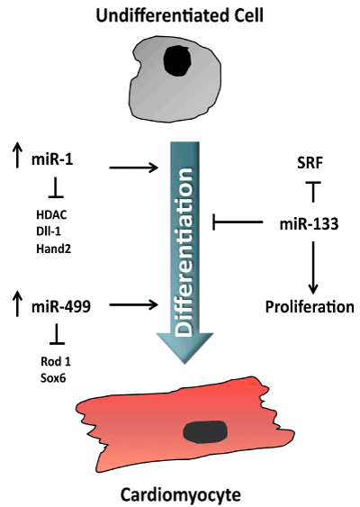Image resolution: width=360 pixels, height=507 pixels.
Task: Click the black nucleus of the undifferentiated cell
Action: [x=177, y=61]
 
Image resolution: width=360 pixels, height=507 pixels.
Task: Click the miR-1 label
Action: [x=52, y=159]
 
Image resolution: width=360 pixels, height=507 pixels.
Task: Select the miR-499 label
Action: [x=61, y=306]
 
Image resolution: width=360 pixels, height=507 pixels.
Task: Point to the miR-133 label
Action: [x=309, y=223]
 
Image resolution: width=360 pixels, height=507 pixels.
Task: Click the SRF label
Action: [x=310, y=163]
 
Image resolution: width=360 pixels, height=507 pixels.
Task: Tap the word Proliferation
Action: [x=310, y=306]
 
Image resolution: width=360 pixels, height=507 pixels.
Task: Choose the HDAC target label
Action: [x=51, y=214]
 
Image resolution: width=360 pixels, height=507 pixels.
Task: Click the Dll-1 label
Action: [x=49, y=231]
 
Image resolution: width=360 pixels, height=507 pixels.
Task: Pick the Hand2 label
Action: [x=54, y=249]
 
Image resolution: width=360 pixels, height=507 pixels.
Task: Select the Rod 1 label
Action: [x=56, y=361]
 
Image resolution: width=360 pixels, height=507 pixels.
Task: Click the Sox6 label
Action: [x=53, y=378]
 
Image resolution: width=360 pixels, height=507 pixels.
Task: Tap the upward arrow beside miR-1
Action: [x=17, y=156]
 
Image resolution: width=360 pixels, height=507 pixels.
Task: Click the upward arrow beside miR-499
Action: [x=17, y=303]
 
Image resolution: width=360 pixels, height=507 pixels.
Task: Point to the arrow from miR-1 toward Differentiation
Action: [x=134, y=167]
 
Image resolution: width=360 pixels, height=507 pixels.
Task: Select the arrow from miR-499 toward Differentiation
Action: [x=134, y=304]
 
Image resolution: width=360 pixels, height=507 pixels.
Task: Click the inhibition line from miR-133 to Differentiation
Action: [x=238, y=222]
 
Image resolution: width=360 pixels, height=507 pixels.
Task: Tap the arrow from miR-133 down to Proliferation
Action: [x=313, y=267]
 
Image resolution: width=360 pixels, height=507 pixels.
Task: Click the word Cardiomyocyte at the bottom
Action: [x=181, y=495]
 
